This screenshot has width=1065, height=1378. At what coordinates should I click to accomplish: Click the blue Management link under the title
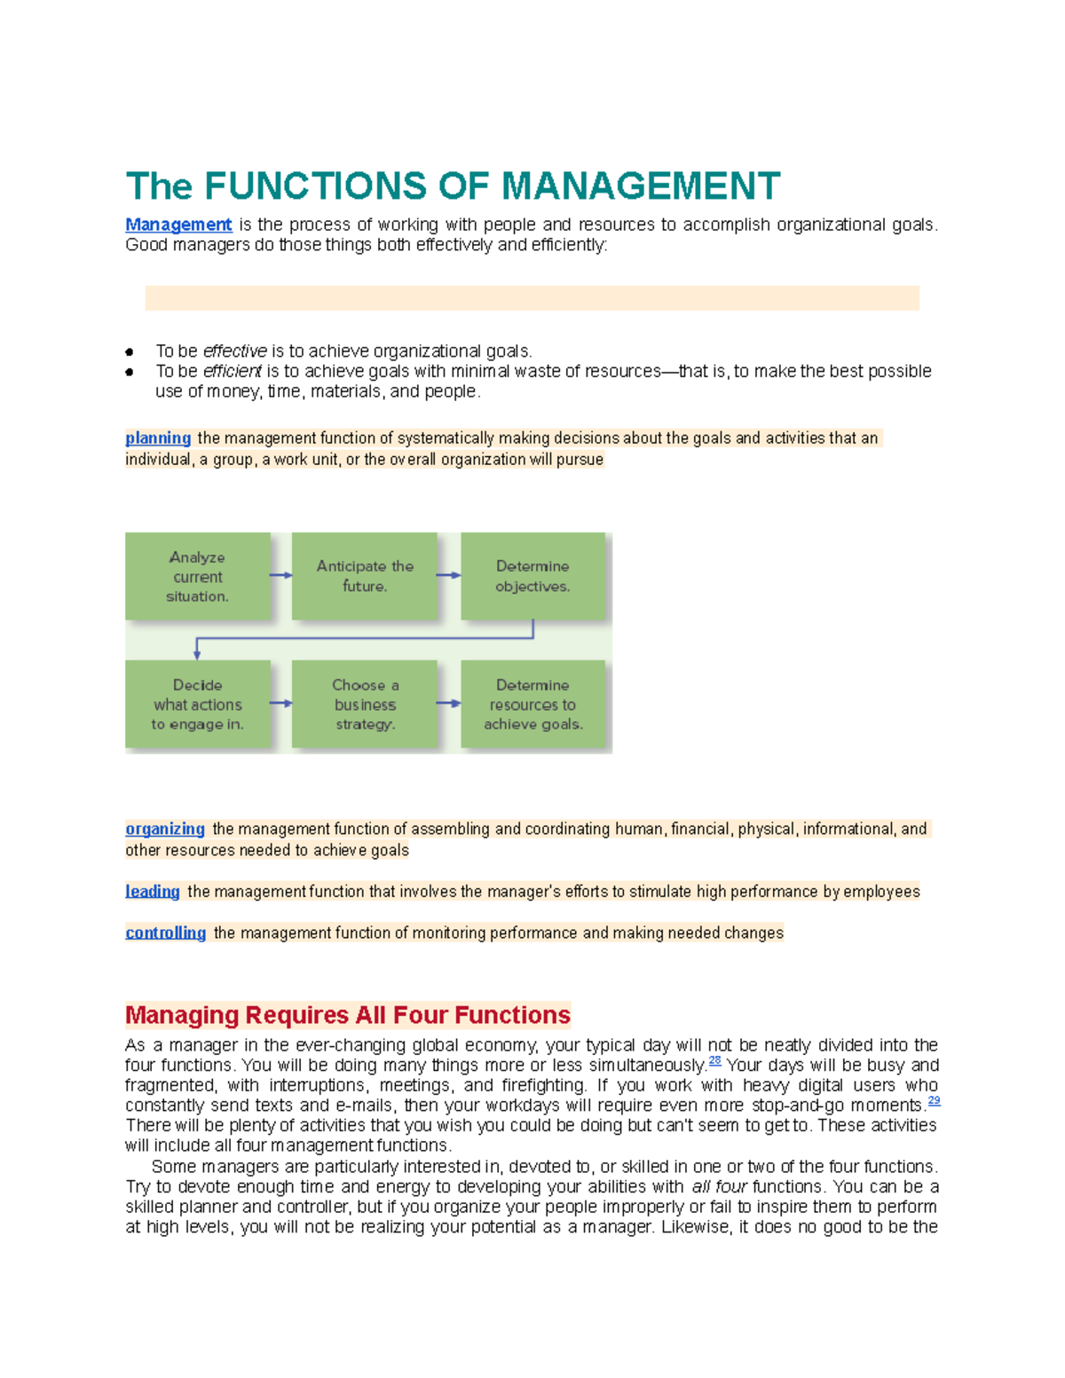click(178, 224)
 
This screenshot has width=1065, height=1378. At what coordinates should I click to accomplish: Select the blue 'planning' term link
click(158, 438)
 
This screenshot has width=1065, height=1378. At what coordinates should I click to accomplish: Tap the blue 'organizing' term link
click(165, 829)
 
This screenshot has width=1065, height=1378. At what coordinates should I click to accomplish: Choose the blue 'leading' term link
click(153, 892)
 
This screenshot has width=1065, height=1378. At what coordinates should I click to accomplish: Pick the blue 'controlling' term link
click(166, 933)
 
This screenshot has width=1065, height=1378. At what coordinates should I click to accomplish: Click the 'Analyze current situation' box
click(197, 577)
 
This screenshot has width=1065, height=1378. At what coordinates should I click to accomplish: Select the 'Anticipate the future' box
click(365, 577)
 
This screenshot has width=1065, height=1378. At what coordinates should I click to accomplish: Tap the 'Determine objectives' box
click(532, 577)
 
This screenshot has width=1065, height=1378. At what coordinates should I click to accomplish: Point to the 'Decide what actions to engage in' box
click(197, 705)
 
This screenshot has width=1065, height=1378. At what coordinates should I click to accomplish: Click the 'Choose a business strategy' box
click(365, 705)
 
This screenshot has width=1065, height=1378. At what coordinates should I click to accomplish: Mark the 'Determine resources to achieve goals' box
click(532, 705)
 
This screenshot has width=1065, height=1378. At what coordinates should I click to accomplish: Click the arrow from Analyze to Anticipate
click(281, 575)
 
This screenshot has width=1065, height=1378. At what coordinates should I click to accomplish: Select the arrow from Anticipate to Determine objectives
click(449, 575)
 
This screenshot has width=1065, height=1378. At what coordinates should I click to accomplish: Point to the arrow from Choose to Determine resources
click(449, 704)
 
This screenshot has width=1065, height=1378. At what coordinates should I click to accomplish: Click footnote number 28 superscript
click(715, 1061)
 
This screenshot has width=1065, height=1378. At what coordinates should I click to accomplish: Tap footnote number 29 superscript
click(934, 1101)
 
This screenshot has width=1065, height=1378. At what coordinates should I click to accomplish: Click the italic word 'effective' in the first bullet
click(234, 351)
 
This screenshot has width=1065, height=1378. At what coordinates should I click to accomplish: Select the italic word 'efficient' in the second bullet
click(233, 371)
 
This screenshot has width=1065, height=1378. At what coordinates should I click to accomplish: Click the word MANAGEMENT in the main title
click(641, 186)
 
